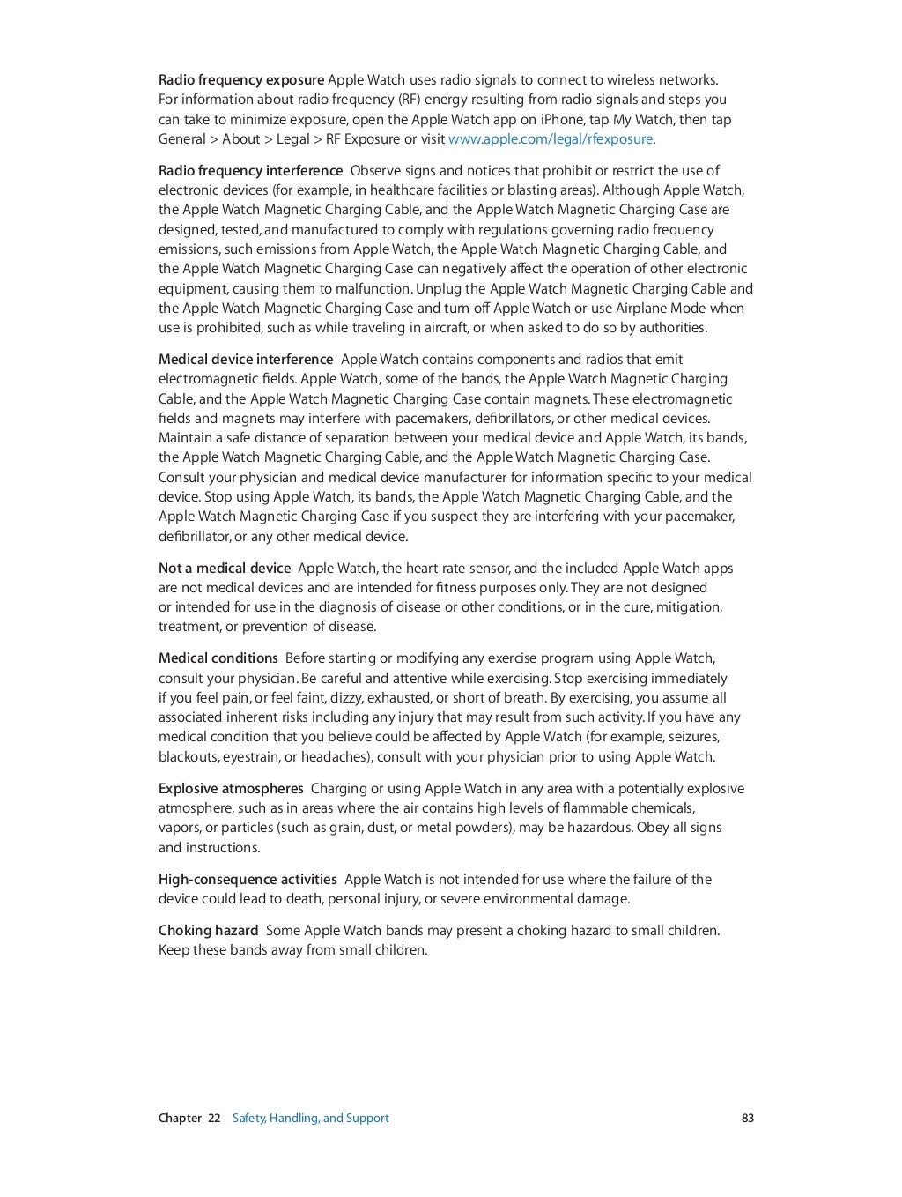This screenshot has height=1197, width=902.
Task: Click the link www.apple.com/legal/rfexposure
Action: tap(551, 139)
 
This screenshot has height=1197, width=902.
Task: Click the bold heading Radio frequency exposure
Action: tap(241, 80)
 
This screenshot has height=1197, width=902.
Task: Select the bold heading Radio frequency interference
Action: tap(250, 171)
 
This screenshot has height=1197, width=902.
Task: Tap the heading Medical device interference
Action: tap(246, 360)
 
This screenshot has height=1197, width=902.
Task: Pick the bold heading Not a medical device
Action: tap(224, 569)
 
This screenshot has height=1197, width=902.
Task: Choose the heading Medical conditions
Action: tap(218, 658)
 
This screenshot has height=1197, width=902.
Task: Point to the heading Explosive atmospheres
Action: tap(231, 789)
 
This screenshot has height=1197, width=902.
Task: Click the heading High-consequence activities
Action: tap(248, 880)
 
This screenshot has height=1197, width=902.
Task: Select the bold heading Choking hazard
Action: tap(208, 931)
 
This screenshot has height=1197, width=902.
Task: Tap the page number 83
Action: tap(748, 1119)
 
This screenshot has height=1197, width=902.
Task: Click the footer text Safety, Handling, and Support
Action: tap(310, 1119)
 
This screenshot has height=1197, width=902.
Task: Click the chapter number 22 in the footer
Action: tap(214, 1119)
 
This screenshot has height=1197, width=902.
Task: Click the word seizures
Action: tap(694, 737)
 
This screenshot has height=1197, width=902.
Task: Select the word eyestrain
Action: tap(252, 757)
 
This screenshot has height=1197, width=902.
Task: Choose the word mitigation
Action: tap(686, 607)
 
